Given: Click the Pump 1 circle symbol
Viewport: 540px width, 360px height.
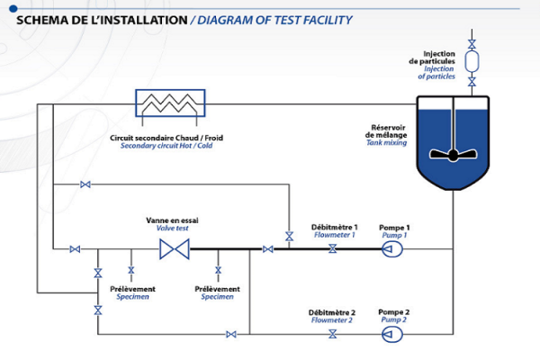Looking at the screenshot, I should (391, 249).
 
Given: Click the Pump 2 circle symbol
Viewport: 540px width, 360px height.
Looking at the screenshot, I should (391, 335).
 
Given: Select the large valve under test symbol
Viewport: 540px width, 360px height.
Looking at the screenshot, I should (174, 249).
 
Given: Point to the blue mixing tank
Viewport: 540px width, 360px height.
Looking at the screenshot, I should (453, 144).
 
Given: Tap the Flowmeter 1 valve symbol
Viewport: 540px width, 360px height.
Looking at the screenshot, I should (332, 249).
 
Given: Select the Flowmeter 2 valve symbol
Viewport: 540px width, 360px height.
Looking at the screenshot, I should (332, 335).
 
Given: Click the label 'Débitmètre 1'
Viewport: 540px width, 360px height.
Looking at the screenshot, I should (334, 227).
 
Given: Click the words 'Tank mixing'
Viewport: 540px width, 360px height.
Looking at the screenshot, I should (387, 143).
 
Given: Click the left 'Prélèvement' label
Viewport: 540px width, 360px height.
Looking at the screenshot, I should (132, 289).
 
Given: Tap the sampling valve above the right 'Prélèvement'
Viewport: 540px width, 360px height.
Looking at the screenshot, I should (218, 269).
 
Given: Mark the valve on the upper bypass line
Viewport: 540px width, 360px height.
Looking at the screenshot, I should (85, 184).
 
